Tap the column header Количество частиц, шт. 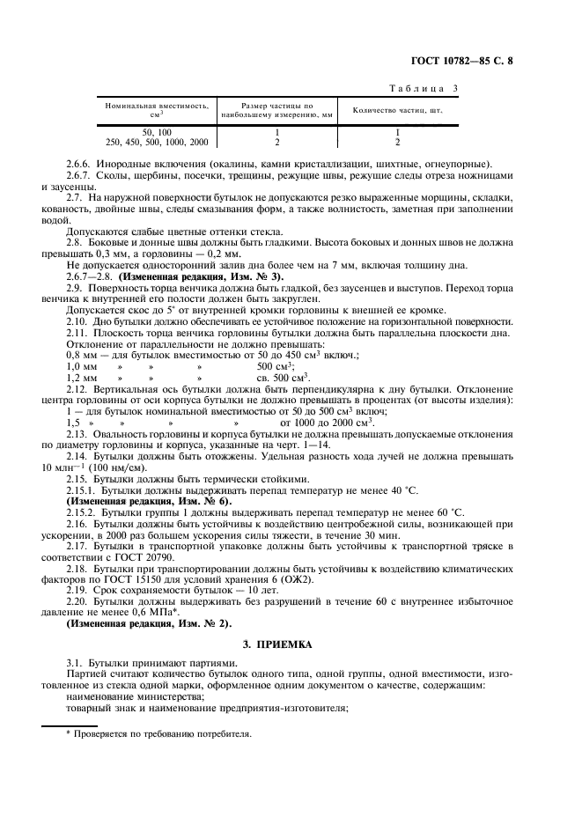click(397, 110)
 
